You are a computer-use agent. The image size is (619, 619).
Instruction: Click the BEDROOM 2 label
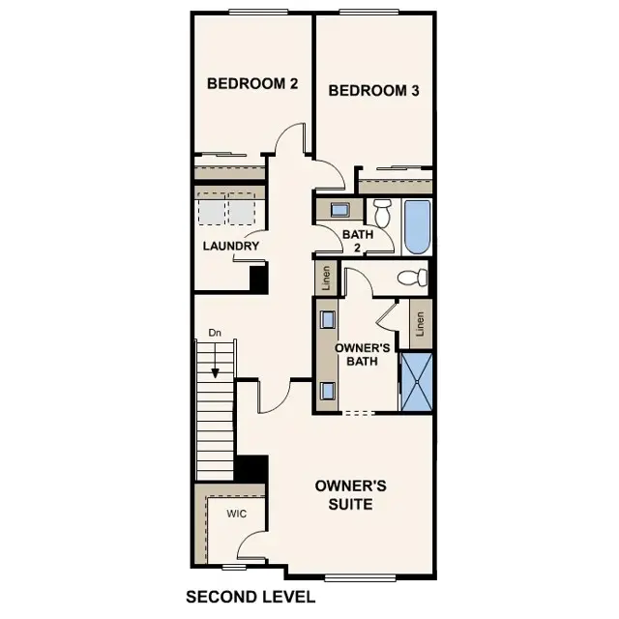click(251, 84)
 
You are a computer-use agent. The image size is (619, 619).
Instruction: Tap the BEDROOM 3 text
click(373, 91)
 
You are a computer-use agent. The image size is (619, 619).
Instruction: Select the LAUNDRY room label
click(230, 247)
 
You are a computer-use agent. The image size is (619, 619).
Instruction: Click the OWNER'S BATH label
click(362, 354)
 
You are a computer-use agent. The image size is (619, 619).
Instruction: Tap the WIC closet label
click(237, 514)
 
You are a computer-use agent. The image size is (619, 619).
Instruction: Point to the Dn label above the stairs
click(215, 334)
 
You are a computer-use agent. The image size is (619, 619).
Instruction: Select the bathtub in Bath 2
click(416, 226)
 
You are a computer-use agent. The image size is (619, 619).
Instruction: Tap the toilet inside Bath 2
click(382, 212)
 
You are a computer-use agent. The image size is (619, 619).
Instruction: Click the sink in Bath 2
click(339, 210)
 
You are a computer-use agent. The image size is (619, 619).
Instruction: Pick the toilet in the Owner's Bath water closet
click(414, 279)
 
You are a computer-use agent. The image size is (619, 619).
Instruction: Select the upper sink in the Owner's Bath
click(329, 319)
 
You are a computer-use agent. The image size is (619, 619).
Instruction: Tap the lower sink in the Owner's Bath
click(329, 390)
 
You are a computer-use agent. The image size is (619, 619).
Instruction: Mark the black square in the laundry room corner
click(258, 278)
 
